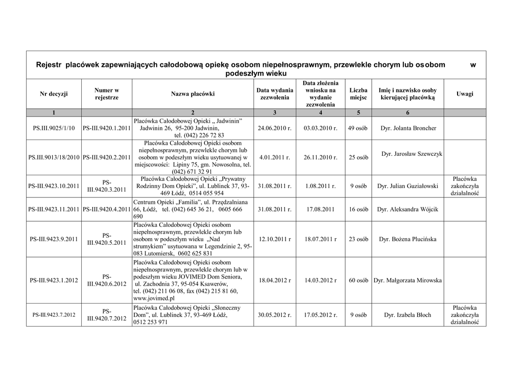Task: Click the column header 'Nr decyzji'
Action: click(54, 94)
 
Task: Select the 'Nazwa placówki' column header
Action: click(193, 94)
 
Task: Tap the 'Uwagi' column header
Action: click(464, 94)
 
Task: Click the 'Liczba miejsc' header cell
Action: click(358, 94)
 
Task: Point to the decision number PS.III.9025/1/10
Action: click(54, 128)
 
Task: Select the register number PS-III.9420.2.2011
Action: click(107, 157)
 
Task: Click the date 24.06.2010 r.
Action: click(275, 128)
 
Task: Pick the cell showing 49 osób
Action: click(358, 128)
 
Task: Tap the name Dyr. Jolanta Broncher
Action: click(408, 128)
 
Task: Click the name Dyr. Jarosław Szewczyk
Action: click(412, 154)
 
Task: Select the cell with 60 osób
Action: click(358, 281)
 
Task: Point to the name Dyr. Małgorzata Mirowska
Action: click(408, 281)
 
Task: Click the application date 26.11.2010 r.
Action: click(320, 157)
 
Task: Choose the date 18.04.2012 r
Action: click(275, 281)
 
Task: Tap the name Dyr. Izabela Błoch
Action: click(408, 315)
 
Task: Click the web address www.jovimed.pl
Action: click(154, 298)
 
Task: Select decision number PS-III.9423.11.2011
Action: click(54, 210)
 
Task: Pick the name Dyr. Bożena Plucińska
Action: click(408, 239)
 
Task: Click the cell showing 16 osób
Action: click(358, 210)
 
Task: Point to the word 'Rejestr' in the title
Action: click(49, 65)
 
